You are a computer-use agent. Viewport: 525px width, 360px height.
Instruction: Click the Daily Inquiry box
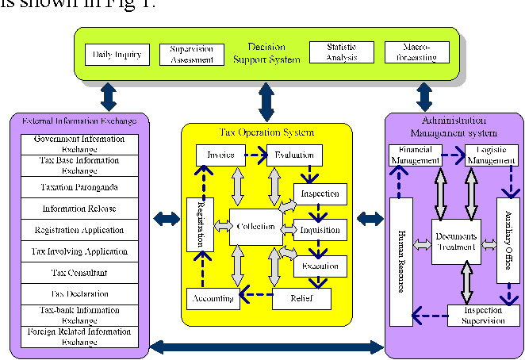pyautogui.click(x=117, y=55)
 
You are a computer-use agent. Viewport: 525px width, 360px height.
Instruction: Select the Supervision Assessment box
pyautogui.click(x=192, y=54)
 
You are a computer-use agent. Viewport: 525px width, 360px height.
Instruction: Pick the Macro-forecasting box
pyautogui.click(x=416, y=53)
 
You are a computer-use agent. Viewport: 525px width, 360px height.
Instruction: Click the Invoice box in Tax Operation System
pyautogui.click(x=220, y=155)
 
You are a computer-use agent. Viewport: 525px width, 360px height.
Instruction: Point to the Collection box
pyautogui.click(x=255, y=227)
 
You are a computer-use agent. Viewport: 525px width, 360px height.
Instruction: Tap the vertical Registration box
pyautogui.click(x=200, y=224)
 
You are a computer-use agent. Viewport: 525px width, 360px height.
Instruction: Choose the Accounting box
pyautogui.click(x=212, y=298)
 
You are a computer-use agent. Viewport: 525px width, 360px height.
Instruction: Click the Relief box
pyautogui.click(x=301, y=298)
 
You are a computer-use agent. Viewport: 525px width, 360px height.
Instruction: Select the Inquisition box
pyautogui.click(x=320, y=230)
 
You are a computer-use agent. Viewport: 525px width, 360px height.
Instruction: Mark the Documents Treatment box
pyautogui.click(x=457, y=241)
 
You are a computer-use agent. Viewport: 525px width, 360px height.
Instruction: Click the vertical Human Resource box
pyautogui.click(x=402, y=262)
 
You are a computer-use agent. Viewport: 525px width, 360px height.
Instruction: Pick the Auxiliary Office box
pyautogui.click(x=507, y=240)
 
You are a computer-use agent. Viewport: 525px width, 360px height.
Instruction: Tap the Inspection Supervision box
pyautogui.click(x=484, y=316)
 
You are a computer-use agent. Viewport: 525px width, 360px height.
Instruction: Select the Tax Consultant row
pyautogui.click(x=75, y=273)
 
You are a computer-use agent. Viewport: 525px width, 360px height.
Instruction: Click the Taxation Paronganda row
pyautogui.click(x=75, y=187)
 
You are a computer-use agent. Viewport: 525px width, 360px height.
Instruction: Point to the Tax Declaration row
pyautogui.click(x=75, y=294)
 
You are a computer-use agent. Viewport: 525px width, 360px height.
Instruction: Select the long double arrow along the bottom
pyautogui.click(x=266, y=347)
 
